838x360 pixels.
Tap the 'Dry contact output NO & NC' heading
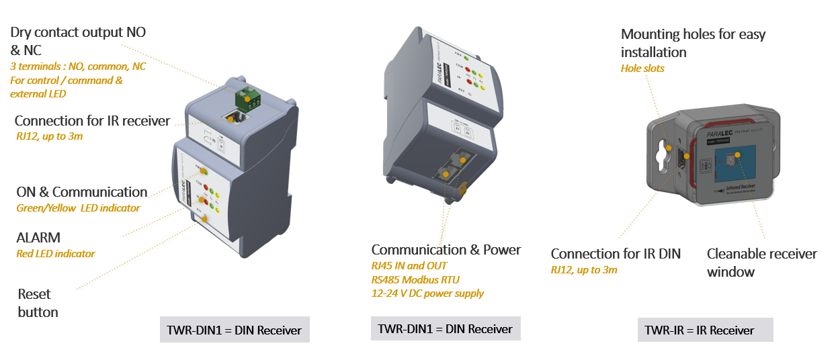(78, 40)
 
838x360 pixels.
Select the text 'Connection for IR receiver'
(92, 121)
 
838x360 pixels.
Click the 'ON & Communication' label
(81, 192)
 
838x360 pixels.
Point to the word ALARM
(38, 237)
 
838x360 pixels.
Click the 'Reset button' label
(38, 303)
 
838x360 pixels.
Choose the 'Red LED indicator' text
(55, 254)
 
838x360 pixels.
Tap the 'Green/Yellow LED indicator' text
(78, 208)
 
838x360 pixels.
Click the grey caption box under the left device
(235, 330)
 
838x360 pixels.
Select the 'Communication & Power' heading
(446, 250)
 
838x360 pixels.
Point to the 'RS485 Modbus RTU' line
(415, 279)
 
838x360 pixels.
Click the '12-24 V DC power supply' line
(427, 293)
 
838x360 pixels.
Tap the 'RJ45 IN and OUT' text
(409, 266)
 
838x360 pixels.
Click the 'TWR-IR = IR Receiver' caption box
(705, 330)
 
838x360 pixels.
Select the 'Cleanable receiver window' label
(761, 263)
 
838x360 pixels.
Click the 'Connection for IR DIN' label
(616, 254)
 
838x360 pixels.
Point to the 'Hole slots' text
(642, 69)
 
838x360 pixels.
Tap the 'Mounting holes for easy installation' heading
(692, 43)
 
